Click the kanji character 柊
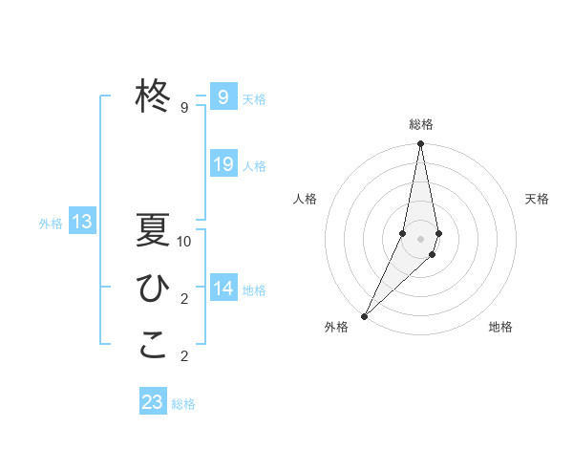point(154,96)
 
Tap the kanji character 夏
point(153,231)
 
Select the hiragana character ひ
point(153,289)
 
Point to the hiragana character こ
point(153,346)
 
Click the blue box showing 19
point(223,164)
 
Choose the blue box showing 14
point(223,289)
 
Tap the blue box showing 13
point(82,223)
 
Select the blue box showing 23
point(153,402)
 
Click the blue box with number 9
point(223,96)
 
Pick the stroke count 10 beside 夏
point(184,242)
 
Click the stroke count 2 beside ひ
point(184,299)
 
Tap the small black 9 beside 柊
point(184,108)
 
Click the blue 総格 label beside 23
point(183,404)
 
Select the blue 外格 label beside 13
point(51,224)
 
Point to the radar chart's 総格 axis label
point(420,124)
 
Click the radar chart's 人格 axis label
point(306,199)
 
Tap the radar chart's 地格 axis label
point(500,327)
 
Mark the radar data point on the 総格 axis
point(420,144)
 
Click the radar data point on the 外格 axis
point(364,315)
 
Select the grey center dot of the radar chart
point(420,239)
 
